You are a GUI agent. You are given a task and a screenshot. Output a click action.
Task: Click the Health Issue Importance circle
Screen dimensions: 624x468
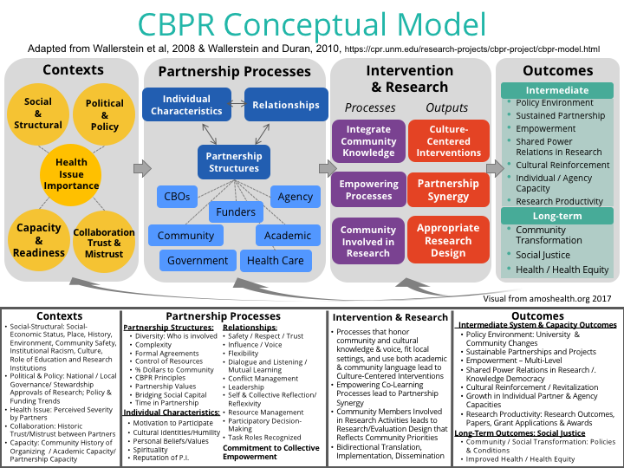point(71,174)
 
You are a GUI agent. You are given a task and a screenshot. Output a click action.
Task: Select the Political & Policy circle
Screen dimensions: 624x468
point(104,114)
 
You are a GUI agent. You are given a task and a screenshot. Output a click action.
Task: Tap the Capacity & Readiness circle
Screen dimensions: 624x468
point(39,240)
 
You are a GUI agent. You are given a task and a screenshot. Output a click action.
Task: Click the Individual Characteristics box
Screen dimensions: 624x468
point(186,105)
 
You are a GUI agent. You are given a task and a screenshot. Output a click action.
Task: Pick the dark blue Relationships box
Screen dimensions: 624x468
point(286,105)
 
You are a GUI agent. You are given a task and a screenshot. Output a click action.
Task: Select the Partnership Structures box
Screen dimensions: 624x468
point(234,162)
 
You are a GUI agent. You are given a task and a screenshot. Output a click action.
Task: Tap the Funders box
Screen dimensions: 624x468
point(236,211)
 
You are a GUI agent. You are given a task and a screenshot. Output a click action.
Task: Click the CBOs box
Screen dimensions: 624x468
point(177,197)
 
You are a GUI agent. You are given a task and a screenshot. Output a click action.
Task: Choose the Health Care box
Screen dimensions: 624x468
point(276,261)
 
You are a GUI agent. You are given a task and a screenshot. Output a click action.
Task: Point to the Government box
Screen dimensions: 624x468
point(198,261)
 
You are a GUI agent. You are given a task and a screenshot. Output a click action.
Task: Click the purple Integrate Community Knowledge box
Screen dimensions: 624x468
point(368,141)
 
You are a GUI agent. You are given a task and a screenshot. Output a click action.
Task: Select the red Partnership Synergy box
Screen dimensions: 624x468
point(449,190)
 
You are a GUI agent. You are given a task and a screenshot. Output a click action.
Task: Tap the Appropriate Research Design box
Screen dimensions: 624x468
point(449,240)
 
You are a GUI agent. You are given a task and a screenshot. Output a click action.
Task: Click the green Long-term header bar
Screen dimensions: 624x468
point(557,216)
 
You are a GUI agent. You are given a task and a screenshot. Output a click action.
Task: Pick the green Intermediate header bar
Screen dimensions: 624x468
point(557,90)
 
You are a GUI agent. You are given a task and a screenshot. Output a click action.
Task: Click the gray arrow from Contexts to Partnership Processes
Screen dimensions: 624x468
point(142,168)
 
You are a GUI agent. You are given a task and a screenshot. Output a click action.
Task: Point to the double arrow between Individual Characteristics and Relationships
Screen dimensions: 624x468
point(237,104)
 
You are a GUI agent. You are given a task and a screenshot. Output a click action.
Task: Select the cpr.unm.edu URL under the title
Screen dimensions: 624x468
point(472,49)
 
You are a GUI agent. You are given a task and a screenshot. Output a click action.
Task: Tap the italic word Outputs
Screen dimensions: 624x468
point(446,107)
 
